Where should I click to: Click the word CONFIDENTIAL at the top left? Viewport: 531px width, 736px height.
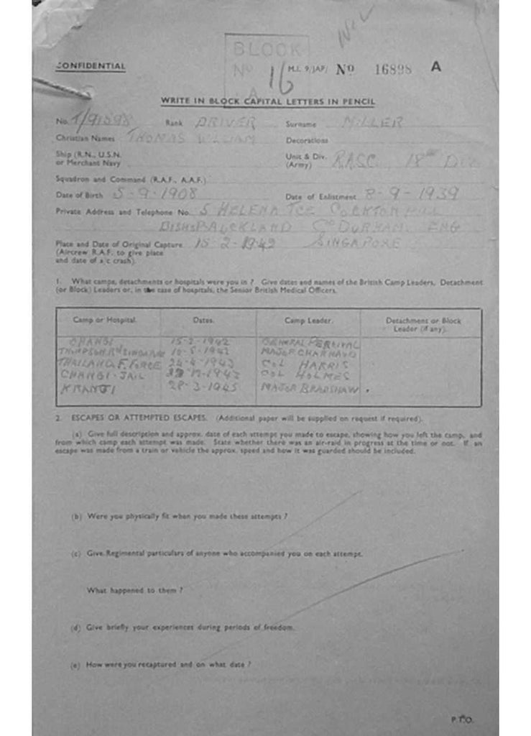(x=91, y=67)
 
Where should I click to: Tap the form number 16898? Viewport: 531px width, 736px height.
(x=393, y=69)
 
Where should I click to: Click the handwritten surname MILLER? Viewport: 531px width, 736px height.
(x=372, y=123)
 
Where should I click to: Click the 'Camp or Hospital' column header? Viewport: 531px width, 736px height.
(x=105, y=318)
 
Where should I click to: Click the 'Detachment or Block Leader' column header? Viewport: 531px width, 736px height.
(x=423, y=323)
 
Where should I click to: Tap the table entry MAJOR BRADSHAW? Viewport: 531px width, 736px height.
(x=309, y=387)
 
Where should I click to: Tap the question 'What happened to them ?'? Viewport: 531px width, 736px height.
(x=134, y=590)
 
